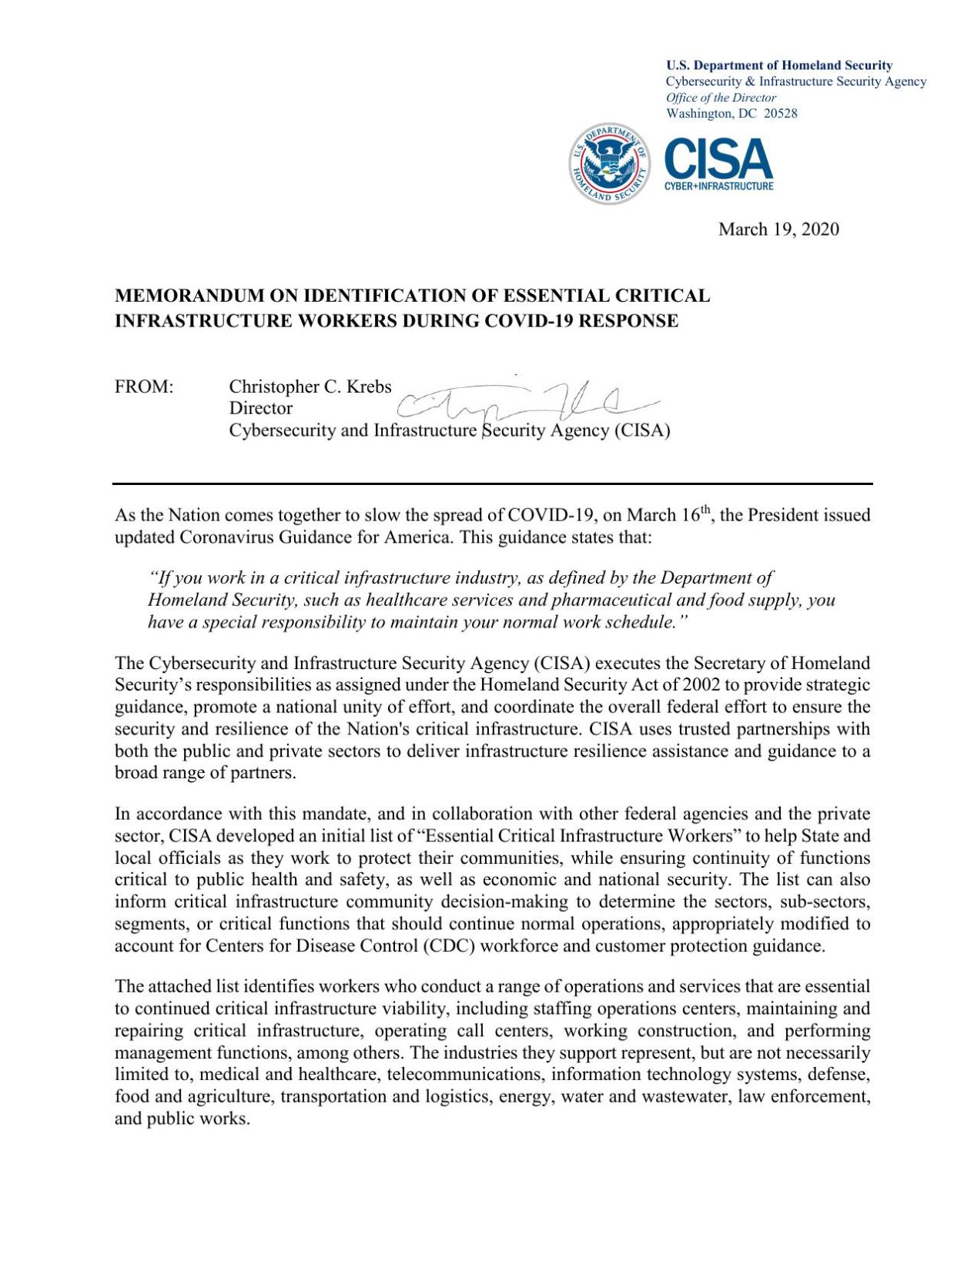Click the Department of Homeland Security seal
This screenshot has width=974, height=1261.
click(609, 164)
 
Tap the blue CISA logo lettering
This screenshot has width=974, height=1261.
click(718, 159)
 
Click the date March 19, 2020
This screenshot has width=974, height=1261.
click(778, 229)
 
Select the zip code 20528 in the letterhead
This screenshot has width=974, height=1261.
click(780, 114)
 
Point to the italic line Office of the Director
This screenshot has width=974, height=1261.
click(721, 98)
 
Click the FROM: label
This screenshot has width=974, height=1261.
click(144, 386)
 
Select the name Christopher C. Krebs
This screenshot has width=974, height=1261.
click(310, 386)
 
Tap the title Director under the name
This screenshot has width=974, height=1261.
click(260, 408)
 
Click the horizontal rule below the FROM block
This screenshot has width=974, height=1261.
click(493, 483)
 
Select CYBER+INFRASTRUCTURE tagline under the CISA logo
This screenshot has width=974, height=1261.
click(718, 186)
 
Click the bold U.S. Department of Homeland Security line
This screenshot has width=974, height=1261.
click(778, 65)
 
